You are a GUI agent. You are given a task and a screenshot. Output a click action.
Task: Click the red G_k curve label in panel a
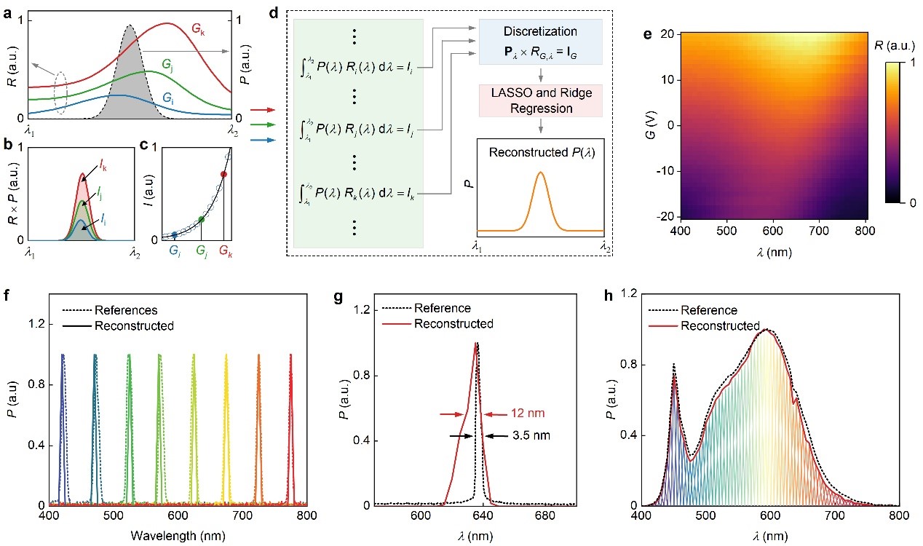coord(198,28)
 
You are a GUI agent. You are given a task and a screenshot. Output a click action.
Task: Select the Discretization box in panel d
coord(540,39)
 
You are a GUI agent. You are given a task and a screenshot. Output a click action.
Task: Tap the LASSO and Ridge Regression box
coord(540,100)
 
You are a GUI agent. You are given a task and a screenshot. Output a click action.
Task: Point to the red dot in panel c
coord(223,175)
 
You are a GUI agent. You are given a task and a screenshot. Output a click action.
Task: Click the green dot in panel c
coord(202,219)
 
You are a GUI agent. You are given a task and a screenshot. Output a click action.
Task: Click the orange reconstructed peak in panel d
coord(540,175)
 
